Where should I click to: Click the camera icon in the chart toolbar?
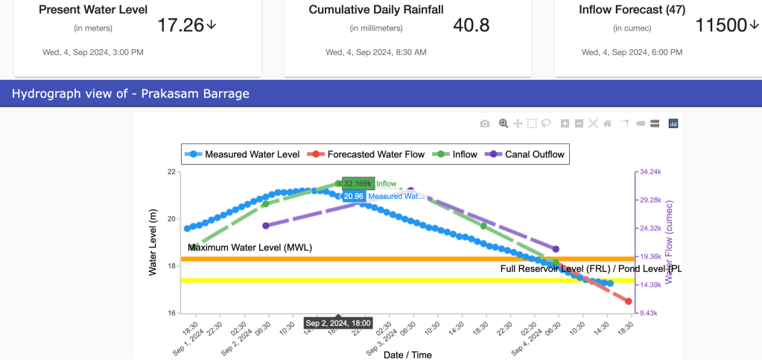click(485, 124)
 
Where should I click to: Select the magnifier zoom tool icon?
click(504, 124)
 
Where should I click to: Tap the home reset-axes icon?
click(608, 124)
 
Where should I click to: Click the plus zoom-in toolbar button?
click(565, 124)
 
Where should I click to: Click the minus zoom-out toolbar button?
click(578, 124)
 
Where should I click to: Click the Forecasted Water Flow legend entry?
click(368, 154)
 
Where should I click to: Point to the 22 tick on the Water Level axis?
click(171, 172)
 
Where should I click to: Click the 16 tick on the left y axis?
click(171, 313)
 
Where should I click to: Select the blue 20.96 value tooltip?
click(354, 196)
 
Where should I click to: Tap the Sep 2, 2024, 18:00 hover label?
click(338, 323)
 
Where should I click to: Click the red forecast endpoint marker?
click(629, 301)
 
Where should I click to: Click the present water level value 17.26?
click(180, 25)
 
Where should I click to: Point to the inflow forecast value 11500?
click(720, 25)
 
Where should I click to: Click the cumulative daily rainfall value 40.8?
click(472, 25)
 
